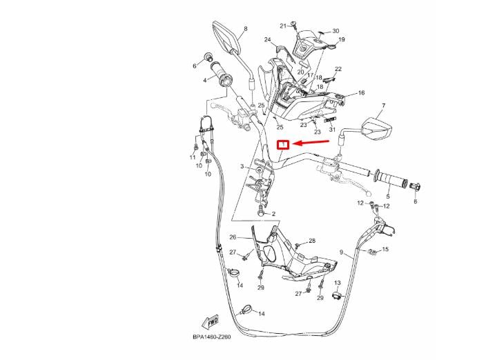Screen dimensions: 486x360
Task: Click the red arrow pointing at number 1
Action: click(x=311, y=142)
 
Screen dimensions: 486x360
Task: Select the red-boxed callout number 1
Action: click(x=283, y=145)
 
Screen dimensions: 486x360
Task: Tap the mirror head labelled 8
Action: click(x=226, y=37)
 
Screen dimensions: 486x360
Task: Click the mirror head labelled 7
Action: click(x=377, y=128)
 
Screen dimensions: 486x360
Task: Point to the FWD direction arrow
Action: click(x=211, y=322)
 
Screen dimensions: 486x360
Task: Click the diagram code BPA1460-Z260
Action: click(x=212, y=337)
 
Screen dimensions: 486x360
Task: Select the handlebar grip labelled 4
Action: click(x=222, y=76)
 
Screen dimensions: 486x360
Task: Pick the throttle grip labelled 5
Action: click(x=392, y=179)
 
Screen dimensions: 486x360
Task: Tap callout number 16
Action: click(x=362, y=92)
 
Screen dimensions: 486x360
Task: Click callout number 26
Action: click(x=233, y=237)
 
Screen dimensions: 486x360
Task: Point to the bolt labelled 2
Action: click(x=261, y=212)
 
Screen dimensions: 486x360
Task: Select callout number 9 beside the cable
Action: click(x=342, y=252)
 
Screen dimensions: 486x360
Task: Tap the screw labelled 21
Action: click(x=294, y=26)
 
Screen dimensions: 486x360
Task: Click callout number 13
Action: click(x=338, y=283)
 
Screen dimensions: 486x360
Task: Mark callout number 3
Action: click(x=242, y=166)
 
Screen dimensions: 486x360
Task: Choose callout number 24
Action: click(x=268, y=39)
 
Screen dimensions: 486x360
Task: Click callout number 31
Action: click(x=332, y=130)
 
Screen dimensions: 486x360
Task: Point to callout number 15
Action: click(x=385, y=249)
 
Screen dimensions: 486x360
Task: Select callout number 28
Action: click(x=312, y=241)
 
